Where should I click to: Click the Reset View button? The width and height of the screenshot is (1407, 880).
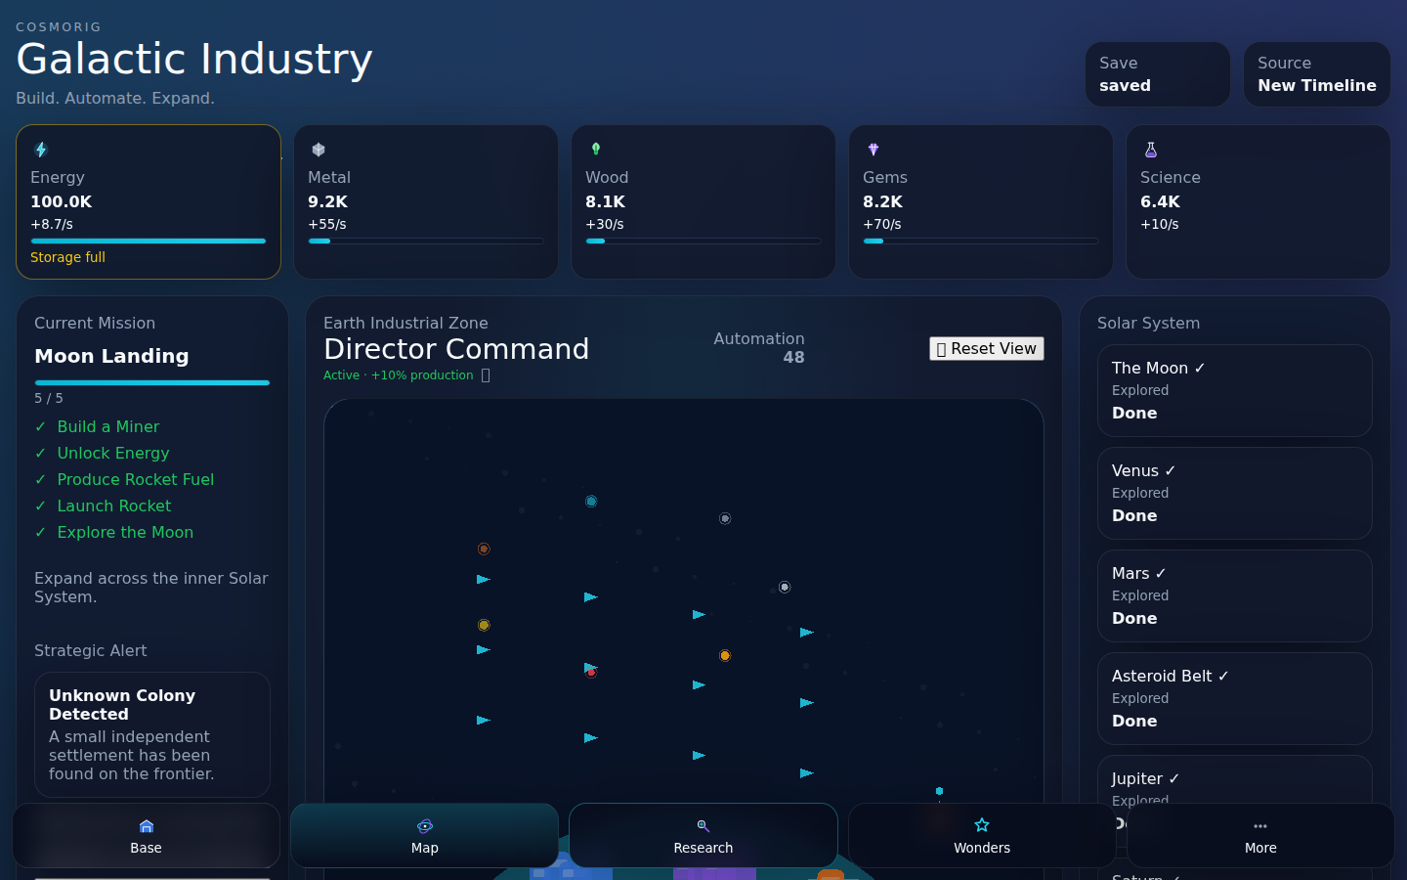point(986,349)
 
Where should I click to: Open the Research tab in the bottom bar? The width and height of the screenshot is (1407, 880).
point(703,835)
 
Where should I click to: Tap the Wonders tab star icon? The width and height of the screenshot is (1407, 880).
point(982,824)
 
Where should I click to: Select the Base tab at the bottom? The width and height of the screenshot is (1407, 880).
point(146,835)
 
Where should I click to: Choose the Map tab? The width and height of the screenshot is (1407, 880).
point(425,835)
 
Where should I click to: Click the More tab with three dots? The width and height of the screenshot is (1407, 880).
point(1260,835)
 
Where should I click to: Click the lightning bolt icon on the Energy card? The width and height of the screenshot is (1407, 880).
point(41,150)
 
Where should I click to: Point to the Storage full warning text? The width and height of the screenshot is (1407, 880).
point(67,257)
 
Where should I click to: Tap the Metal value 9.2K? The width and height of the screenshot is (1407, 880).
point(328,201)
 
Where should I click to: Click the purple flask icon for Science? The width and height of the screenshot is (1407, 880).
point(1151,150)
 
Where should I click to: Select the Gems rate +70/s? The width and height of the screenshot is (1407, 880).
point(882,225)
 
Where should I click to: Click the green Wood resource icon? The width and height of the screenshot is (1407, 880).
point(595,149)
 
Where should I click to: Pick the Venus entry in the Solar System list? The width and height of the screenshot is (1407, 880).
point(1234,493)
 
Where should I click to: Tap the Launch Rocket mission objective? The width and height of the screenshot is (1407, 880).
point(113,506)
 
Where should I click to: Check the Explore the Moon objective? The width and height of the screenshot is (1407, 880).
point(125,532)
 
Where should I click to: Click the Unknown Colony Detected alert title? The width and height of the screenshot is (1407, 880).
point(122,705)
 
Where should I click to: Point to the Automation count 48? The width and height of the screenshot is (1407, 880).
point(793,358)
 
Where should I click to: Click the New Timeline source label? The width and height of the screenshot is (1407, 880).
point(1316,85)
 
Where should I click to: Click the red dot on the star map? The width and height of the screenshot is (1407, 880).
point(591,673)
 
